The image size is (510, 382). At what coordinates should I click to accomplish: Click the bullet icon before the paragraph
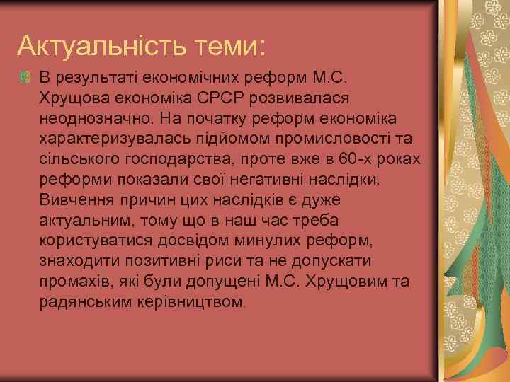coord(26,76)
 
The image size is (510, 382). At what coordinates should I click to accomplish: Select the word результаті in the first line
coord(90,75)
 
